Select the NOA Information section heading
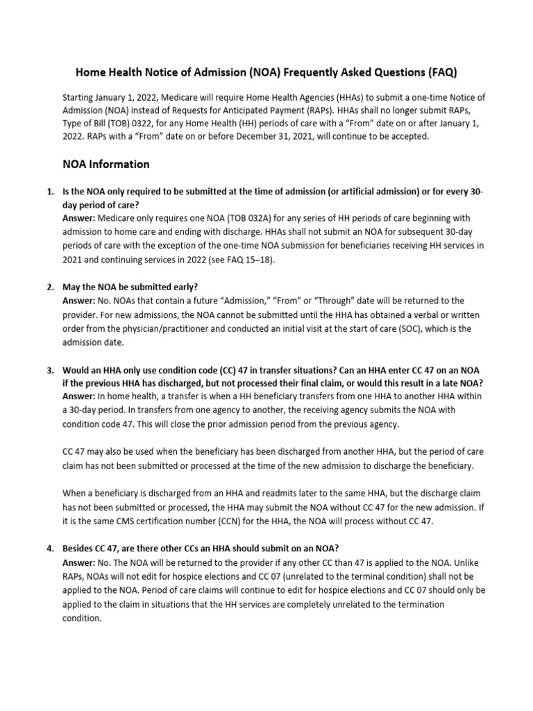(x=105, y=165)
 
